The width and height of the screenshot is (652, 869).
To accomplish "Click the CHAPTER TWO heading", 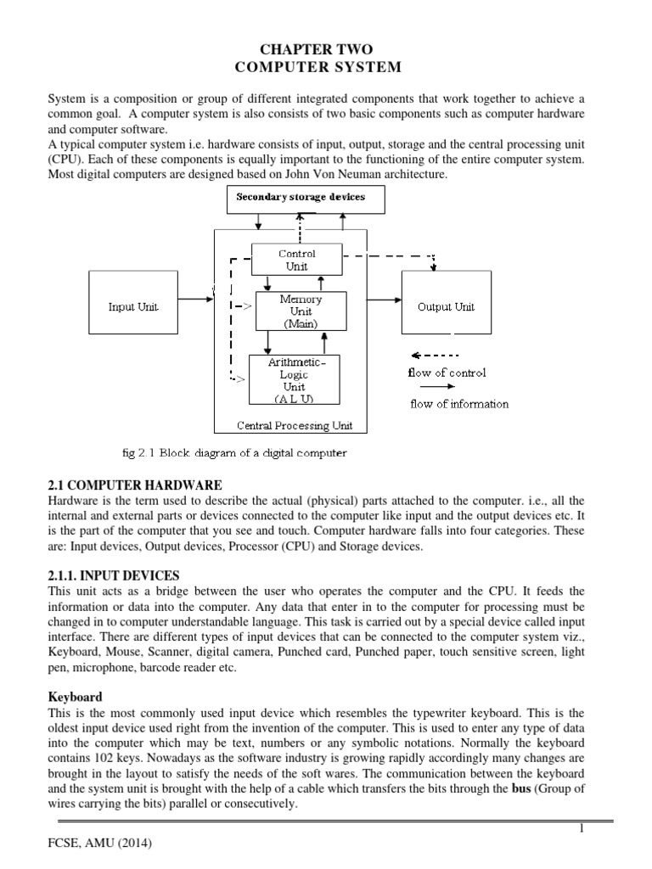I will (x=326, y=51).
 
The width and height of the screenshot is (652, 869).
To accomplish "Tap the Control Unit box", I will (x=296, y=260).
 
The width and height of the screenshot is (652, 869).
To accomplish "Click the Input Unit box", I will (x=132, y=306).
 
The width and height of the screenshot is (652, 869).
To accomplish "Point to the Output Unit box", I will (x=446, y=306).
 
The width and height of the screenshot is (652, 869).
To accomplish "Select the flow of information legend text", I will (x=459, y=404).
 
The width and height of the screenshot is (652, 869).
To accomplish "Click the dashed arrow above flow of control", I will (x=434, y=355).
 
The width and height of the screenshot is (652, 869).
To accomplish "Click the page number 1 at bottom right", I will (x=582, y=829).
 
